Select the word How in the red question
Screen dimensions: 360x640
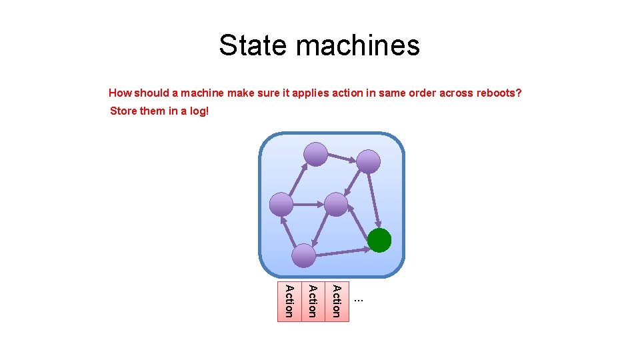pyautogui.click(x=120, y=93)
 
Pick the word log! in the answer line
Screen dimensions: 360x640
pyautogui.click(x=199, y=111)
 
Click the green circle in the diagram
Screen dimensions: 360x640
pyautogui.click(x=379, y=240)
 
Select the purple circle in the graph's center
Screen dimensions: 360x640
pyautogui.click(x=336, y=205)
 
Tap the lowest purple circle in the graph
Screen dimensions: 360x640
pyautogui.click(x=304, y=255)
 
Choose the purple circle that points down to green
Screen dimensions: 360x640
pyautogui.click(x=368, y=161)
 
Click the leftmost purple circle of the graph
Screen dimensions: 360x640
pyautogui.click(x=281, y=205)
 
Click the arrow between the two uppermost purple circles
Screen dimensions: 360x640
pyautogui.click(x=342, y=158)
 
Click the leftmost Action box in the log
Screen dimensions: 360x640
pyautogui.click(x=289, y=301)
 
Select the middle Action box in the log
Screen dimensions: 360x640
pyautogui.click(x=313, y=301)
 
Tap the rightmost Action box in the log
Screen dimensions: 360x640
pyautogui.click(x=337, y=301)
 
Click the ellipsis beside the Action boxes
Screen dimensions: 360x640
pyautogui.click(x=359, y=300)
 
